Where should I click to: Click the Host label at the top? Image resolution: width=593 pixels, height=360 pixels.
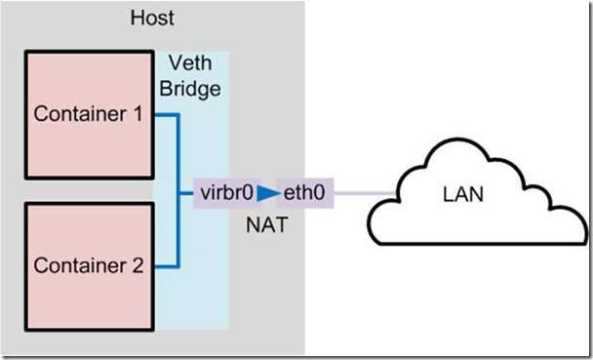[x=151, y=18]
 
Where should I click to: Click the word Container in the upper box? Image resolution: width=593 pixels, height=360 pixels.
[x=78, y=114]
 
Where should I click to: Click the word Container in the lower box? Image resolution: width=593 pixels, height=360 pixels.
[x=78, y=264]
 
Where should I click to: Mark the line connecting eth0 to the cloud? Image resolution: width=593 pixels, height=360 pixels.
[x=366, y=193]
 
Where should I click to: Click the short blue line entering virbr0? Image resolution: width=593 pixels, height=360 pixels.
[x=187, y=193]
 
